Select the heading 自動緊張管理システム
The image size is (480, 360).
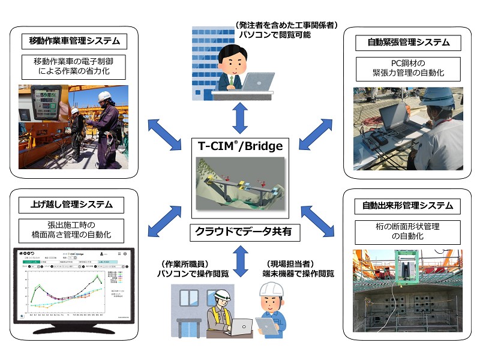(408, 43)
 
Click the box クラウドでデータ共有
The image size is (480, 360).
(240, 232)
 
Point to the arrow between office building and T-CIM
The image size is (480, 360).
(240, 118)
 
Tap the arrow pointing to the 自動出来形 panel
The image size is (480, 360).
(320, 221)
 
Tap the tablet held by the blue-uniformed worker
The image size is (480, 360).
(266, 325)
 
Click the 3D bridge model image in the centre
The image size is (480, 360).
(240, 184)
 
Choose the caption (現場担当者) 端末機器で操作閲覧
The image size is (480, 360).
(290, 269)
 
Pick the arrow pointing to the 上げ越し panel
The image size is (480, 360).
(160, 220)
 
